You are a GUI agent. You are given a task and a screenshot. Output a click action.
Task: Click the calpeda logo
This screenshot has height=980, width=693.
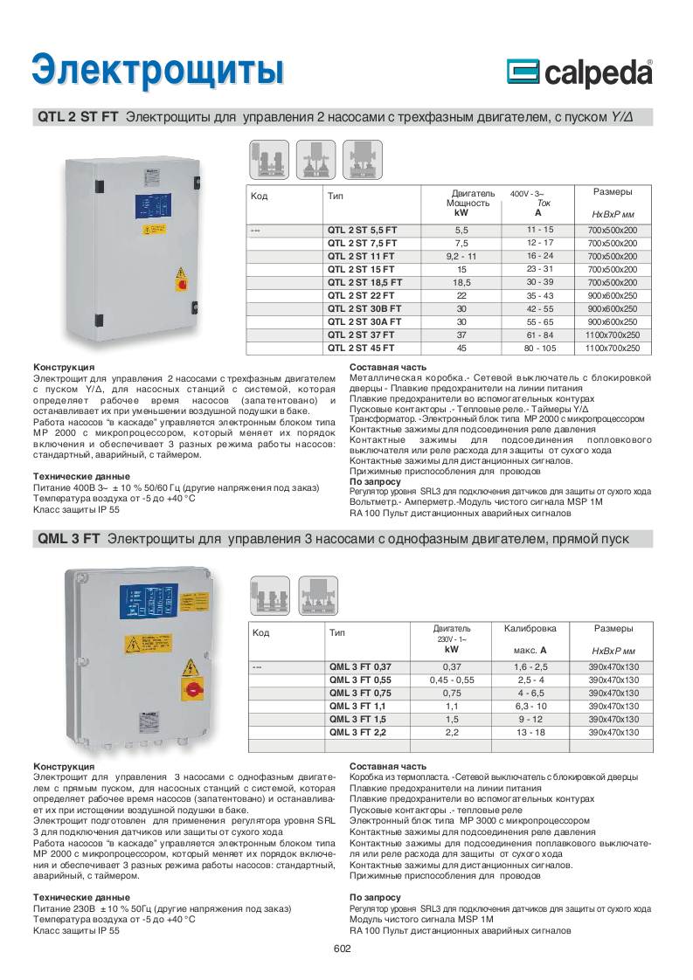click(x=579, y=72)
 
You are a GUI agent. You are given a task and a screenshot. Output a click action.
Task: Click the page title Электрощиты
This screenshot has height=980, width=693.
click(x=157, y=71)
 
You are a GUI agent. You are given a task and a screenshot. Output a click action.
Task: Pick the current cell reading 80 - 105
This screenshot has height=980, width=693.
click(x=539, y=347)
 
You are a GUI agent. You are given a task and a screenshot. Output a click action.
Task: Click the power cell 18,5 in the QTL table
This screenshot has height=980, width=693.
click(x=461, y=283)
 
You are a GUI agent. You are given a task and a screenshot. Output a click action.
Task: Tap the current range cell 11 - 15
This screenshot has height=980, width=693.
click(x=539, y=230)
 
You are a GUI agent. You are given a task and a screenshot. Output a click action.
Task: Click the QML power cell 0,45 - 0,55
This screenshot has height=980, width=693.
click(x=452, y=680)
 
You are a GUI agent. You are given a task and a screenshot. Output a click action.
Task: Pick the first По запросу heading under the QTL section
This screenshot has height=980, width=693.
click(x=375, y=481)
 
